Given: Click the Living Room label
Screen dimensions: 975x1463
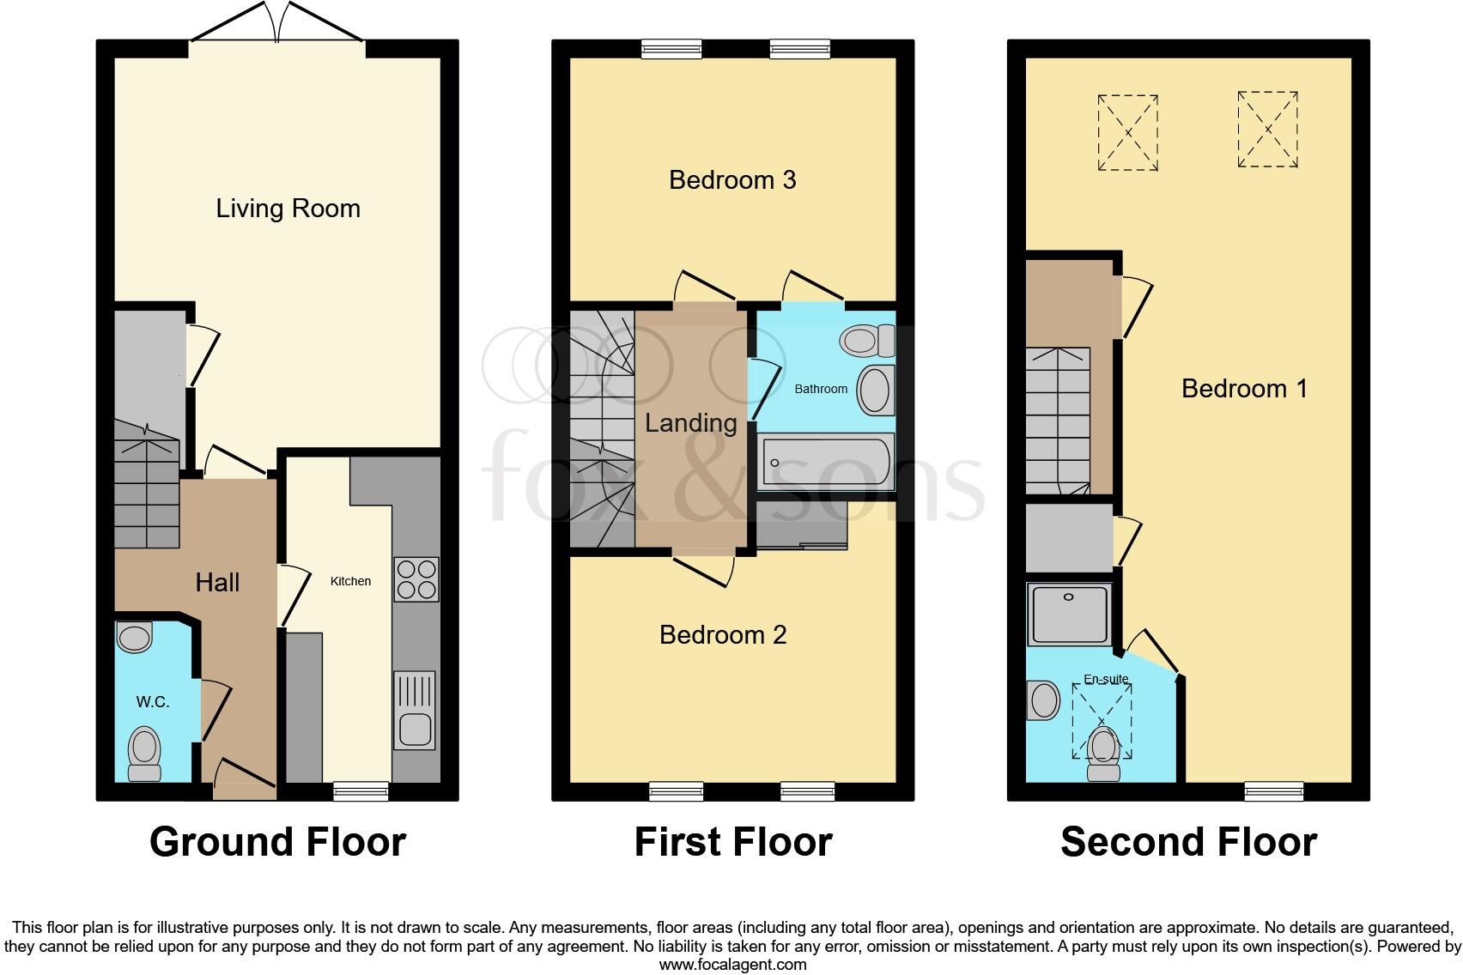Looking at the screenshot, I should [x=288, y=209].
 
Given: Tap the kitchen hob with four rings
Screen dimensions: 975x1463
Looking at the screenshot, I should [x=416, y=579].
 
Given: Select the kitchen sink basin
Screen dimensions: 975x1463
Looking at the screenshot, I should [x=416, y=730].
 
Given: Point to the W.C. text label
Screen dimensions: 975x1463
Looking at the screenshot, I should [x=153, y=702].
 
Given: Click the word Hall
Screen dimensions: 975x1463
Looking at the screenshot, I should [x=217, y=583].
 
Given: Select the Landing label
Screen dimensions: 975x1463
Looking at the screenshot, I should [x=691, y=423].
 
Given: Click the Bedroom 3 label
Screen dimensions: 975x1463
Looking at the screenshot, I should [x=732, y=180].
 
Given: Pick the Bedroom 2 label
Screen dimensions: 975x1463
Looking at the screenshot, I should [x=723, y=635].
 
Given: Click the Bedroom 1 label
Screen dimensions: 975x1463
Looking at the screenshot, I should [x=1244, y=389].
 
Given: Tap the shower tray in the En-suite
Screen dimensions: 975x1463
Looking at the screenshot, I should [x=1070, y=615].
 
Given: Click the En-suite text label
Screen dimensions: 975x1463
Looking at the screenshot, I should [x=1106, y=679].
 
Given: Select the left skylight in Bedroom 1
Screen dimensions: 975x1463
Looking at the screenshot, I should [x=1127, y=132].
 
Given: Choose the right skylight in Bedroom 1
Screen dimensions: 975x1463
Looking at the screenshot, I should [x=1267, y=130].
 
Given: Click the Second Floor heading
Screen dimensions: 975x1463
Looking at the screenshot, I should [x=1188, y=842].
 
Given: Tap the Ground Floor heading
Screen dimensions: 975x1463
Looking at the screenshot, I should [x=277, y=842].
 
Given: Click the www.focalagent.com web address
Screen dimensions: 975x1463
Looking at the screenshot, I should [x=732, y=964].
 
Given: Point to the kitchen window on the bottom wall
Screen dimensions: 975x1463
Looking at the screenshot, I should [x=361, y=791].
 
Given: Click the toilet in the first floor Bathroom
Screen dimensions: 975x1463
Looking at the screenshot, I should [x=867, y=341].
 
